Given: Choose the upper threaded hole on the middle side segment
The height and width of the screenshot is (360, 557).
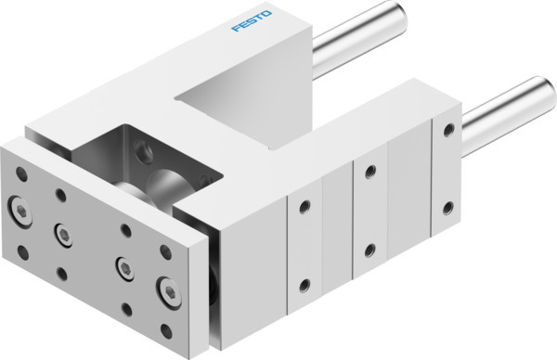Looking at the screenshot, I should (x=369, y=173).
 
